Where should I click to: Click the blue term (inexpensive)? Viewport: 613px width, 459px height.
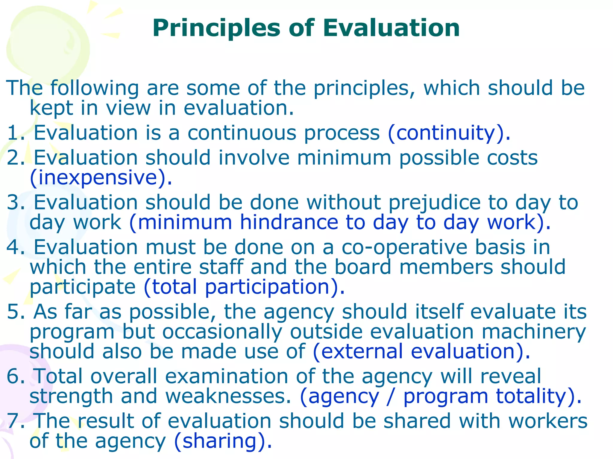(101, 178)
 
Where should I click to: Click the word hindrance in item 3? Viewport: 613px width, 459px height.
(289, 223)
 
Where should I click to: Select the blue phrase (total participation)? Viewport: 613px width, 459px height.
(244, 287)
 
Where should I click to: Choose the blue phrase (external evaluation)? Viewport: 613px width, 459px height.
(421, 351)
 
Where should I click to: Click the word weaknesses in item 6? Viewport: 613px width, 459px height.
(228, 396)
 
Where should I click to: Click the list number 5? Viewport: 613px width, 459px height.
(14, 312)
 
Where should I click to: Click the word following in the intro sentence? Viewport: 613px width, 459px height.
(95, 88)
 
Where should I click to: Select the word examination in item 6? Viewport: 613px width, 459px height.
(226, 377)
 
